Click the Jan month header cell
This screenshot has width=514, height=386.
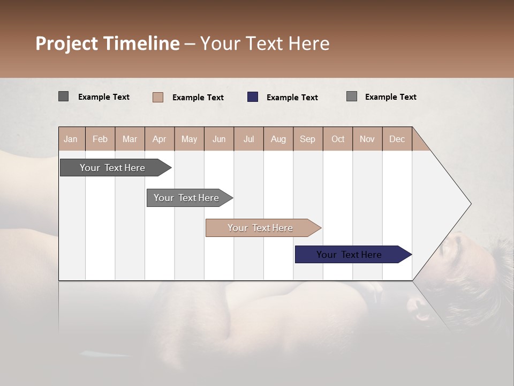71,139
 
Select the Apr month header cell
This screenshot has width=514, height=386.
159,139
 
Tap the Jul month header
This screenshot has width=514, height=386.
248,139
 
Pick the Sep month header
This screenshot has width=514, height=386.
307,139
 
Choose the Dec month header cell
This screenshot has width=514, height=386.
397,139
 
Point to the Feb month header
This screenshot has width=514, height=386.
100,139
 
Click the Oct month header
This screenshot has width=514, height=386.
338,139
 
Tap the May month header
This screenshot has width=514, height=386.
189,139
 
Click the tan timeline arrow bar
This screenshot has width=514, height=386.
261,228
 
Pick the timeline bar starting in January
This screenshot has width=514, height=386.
113,168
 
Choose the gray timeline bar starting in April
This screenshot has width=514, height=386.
187,198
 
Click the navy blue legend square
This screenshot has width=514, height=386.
253,96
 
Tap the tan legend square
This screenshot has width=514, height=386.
158,97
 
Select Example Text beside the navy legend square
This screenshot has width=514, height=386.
292,98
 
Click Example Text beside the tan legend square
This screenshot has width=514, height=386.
198,98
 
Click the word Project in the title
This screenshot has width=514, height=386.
67,44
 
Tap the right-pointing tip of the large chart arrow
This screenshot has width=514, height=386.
470,204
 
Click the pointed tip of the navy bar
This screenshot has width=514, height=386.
410,255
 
